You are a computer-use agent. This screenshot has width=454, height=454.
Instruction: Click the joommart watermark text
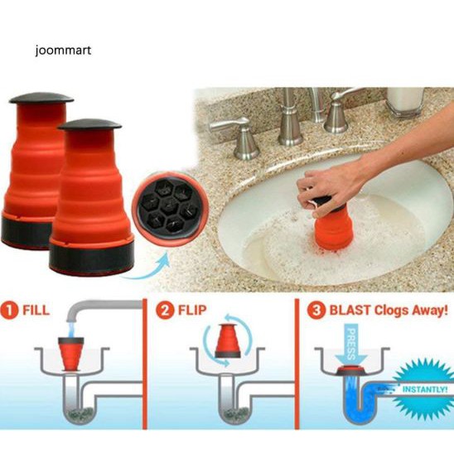pyautogui.click(x=63, y=51)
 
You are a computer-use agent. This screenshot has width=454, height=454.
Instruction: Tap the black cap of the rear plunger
pyautogui.click(x=41, y=99)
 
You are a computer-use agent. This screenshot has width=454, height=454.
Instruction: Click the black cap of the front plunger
pyautogui.click(x=89, y=124)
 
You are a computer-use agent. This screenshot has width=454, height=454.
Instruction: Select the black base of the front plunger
pyautogui.click(x=91, y=257)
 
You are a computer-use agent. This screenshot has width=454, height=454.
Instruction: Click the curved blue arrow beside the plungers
pyautogui.click(x=145, y=268)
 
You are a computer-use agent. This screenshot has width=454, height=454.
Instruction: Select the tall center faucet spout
pyautogui.click(x=289, y=116)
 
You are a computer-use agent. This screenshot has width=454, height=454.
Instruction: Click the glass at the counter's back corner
pyautogui.click(x=405, y=101)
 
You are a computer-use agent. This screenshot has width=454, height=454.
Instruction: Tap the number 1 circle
pyautogui.click(x=10, y=311)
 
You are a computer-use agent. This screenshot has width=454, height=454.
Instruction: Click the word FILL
pyautogui.click(x=36, y=311)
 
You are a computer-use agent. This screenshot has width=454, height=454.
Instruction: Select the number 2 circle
pyautogui.click(x=165, y=311)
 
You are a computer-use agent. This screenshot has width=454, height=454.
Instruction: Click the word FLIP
pyautogui.click(x=192, y=311)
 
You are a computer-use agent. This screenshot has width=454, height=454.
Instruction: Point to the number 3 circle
pyautogui.click(x=316, y=311)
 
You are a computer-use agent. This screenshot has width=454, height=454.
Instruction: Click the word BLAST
pyautogui.click(x=350, y=311)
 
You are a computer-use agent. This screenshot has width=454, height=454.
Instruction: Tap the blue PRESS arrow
pyautogui.click(x=351, y=345)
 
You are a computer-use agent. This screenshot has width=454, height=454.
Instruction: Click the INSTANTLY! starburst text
pyautogui.click(x=425, y=389)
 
